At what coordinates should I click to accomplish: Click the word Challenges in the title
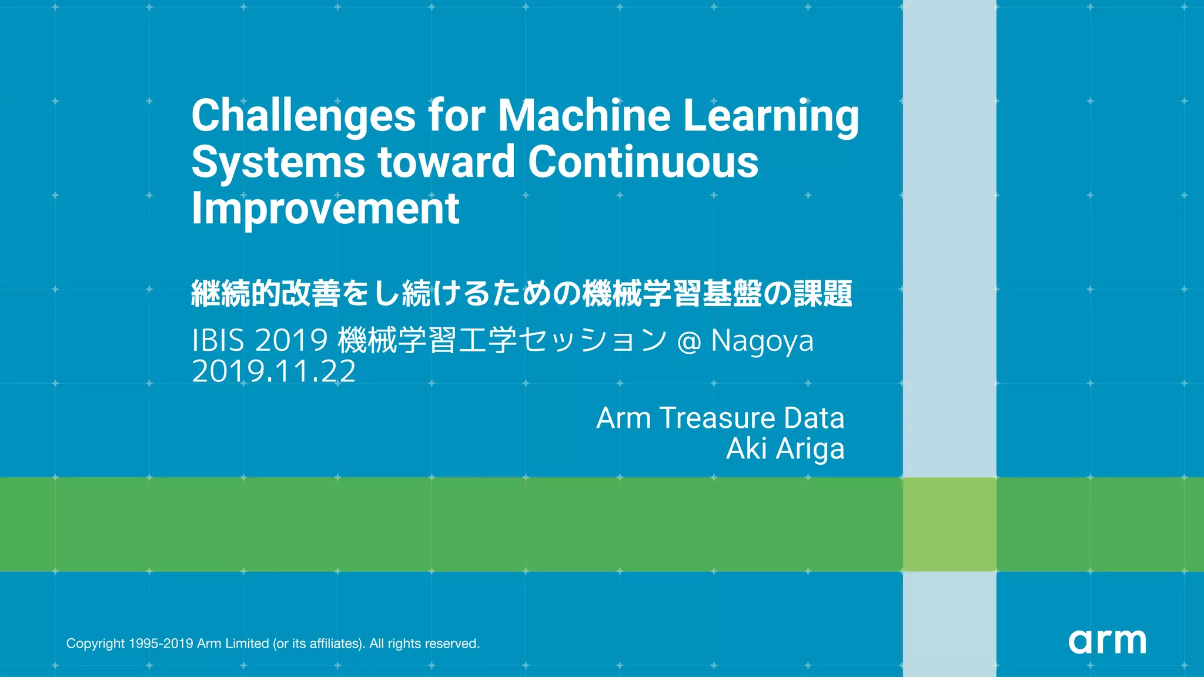(x=303, y=116)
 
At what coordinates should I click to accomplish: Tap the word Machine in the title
(x=584, y=115)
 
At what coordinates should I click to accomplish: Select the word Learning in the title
(x=771, y=116)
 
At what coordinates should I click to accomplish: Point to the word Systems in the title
(x=278, y=162)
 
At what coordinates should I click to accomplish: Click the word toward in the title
(x=446, y=162)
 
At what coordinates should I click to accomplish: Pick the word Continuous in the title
(x=643, y=162)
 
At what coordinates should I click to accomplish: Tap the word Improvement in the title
(x=325, y=209)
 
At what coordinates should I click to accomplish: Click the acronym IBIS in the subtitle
(x=218, y=340)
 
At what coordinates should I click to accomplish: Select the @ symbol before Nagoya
(x=689, y=341)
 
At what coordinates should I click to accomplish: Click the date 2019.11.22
(x=274, y=371)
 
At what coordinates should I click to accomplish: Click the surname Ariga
(x=810, y=450)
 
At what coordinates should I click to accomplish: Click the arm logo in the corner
(x=1107, y=641)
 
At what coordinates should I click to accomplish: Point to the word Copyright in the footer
(x=95, y=644)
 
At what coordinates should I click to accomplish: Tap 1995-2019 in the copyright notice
(x=160, y=644)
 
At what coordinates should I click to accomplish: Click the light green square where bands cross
(x=949, y=524)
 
